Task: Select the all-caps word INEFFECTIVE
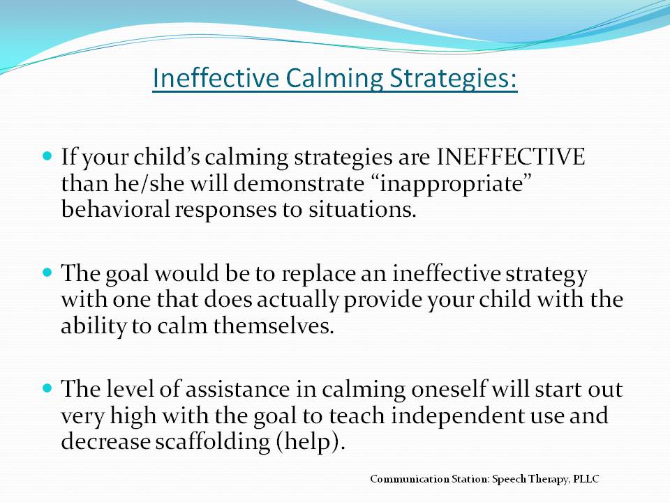pyautogui.click(x=510, y=156)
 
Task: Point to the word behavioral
pyautogui.click(x=115, y=209)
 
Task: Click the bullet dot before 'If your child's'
pyautogui.click(x=47, y=155)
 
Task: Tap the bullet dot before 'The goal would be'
pyautogui.click(x=47, y=271)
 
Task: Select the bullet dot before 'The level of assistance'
pyautogui.click(x=47, y=388)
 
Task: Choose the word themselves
pyautogui.click(x=273, y=326)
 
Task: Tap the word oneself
pyautogui.click(x=448, y=389)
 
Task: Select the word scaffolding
pyautogui.click(x=212, y=442)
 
